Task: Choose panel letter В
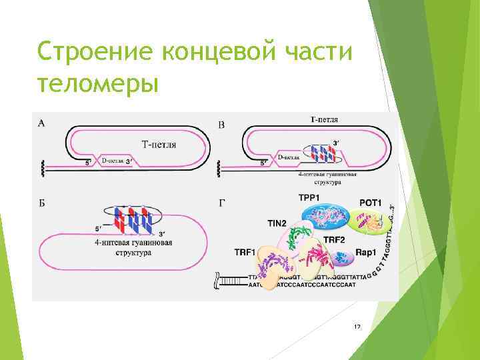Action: coord(221,125)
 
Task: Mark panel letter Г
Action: coord(221,203)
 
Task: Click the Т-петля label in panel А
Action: coord(159,144)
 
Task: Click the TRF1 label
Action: coord(246,252)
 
